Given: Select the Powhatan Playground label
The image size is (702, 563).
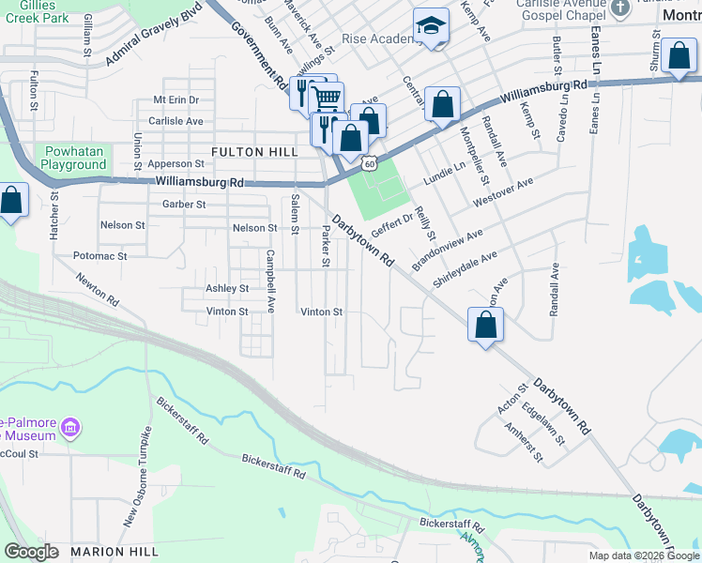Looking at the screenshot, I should (74, 158).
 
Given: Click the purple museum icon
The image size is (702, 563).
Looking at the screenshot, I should (69, 430).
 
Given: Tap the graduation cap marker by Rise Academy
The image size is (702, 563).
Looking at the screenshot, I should (431, 26).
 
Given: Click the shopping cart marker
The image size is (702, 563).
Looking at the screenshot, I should (326, 97).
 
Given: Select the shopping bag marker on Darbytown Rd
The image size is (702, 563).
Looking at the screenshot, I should (485, 327).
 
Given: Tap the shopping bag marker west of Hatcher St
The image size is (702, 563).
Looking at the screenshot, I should (11, 201).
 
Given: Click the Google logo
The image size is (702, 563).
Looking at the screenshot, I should (31, 552).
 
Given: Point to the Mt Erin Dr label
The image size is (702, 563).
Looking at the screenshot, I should (176, 99).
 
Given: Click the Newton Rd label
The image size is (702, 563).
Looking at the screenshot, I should (99, 289).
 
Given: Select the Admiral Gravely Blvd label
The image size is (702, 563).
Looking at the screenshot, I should (155, 45).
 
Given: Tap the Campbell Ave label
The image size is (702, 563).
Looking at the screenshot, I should (269, 281).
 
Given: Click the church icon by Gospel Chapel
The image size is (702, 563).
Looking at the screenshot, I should (619, 8).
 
